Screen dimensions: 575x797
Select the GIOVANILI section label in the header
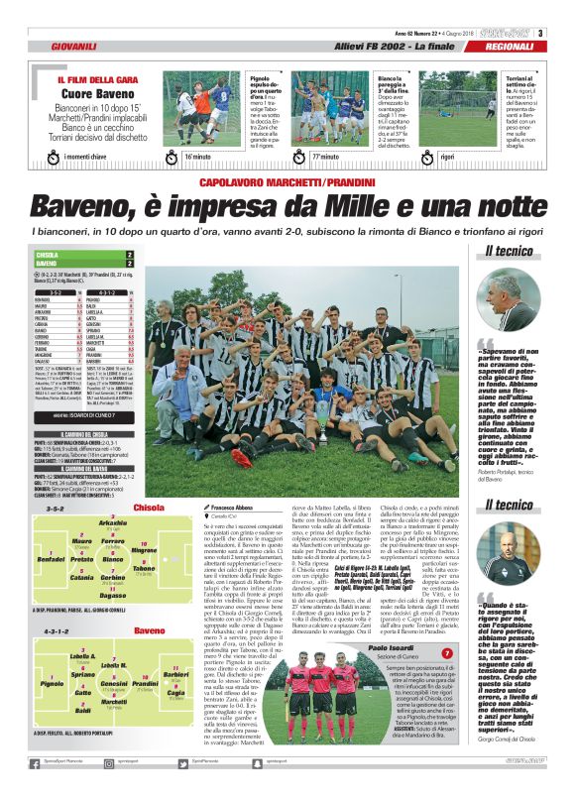click(x=73, y=47)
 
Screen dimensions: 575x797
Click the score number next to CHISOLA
click(x=129, y=255)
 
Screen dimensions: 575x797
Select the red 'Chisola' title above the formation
click(x=149, y=508)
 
